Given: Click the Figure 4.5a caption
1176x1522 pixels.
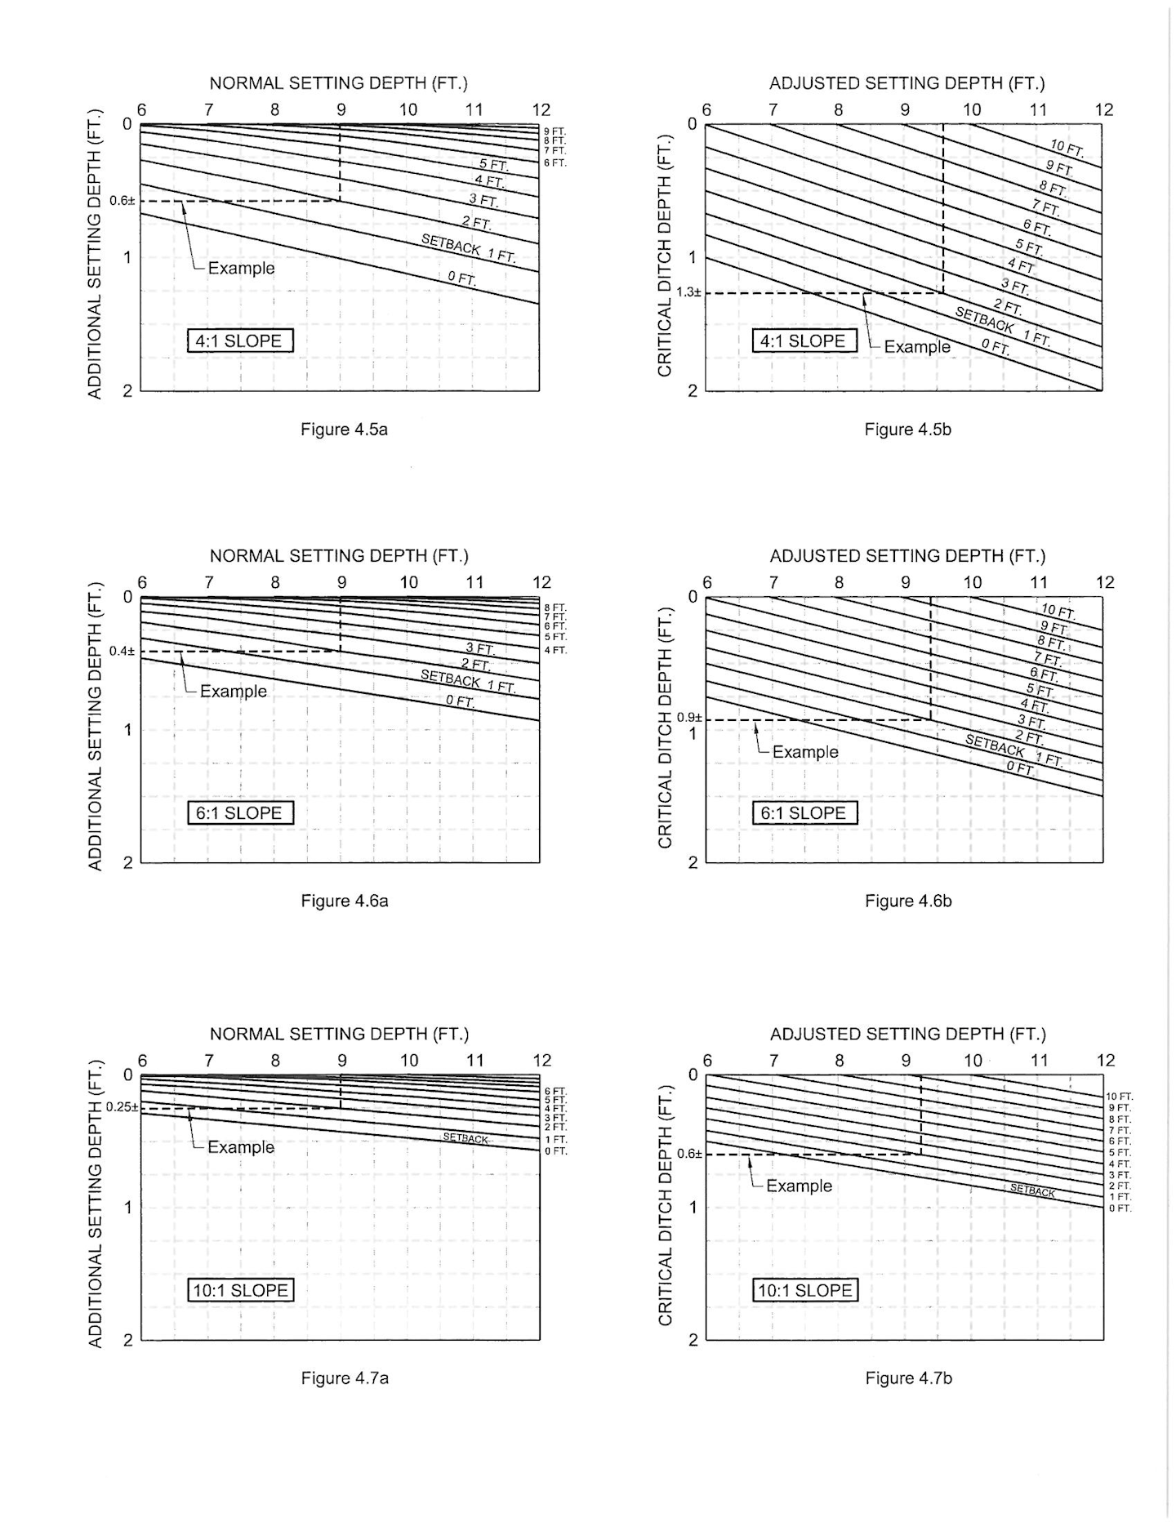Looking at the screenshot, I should click(344, 429).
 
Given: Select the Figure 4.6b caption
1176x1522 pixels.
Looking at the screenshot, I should click(908, 901).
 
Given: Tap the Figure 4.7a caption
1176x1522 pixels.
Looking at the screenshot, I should click(345, 1378).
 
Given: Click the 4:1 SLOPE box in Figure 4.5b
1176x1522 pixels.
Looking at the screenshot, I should click(804, 340).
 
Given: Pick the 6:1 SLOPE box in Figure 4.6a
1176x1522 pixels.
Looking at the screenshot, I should click(240, 813).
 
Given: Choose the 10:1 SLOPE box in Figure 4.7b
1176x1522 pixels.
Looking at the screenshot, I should click(805, 1290).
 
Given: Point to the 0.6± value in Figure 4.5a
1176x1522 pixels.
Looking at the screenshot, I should click(122, 201).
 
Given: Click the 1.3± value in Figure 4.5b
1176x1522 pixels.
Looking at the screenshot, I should click(688, 292).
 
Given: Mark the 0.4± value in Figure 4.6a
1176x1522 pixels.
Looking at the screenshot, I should click(122, 651).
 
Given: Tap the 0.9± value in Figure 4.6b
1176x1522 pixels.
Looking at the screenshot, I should click(688, 718).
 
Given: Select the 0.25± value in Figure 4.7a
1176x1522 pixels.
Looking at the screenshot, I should click(122, 1107).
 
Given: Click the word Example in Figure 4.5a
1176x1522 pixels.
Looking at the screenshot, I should click(241, 269).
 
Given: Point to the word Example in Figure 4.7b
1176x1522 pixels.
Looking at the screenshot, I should click(799, 1186).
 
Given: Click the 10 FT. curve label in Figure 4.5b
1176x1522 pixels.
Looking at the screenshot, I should click(1067, 149).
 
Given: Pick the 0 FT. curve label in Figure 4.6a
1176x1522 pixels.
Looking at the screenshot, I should click(460, 701).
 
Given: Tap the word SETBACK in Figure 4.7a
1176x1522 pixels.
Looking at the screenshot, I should click(465, 1138).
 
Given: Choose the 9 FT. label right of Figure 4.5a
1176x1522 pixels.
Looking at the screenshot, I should click(555, 131).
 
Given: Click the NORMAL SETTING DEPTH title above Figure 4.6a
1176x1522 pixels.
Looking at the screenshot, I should click(339, 556).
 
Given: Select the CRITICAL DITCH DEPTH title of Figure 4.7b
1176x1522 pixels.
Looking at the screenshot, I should click(665, 1205).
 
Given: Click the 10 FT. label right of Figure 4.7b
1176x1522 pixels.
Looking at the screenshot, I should click(1119, 1097).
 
